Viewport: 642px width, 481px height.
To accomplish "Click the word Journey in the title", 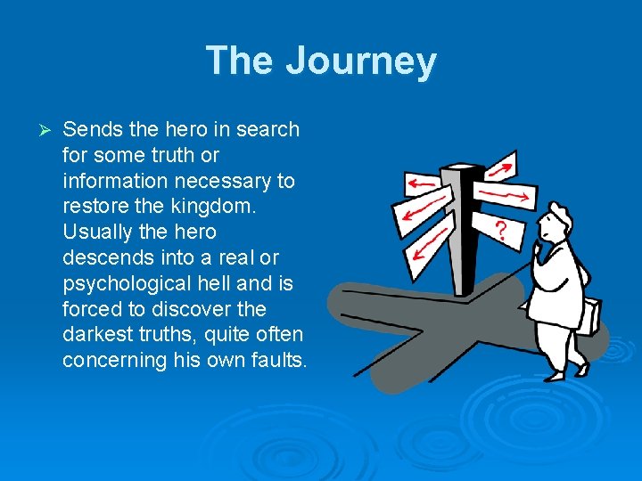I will point(361,61).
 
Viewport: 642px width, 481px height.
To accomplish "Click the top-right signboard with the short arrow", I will point(500,166).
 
